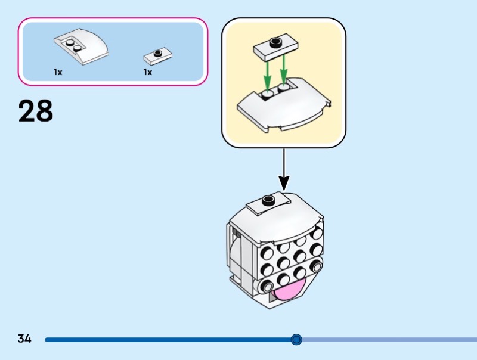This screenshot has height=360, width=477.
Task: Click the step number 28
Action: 36,111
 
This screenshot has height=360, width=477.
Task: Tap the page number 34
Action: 24,339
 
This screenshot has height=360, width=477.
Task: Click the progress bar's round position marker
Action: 296,340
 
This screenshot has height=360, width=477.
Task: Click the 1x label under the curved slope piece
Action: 58,72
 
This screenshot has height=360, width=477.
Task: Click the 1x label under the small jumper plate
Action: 147,72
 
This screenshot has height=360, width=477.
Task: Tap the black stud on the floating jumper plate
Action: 275,42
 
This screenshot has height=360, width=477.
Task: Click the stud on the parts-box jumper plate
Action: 158,52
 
